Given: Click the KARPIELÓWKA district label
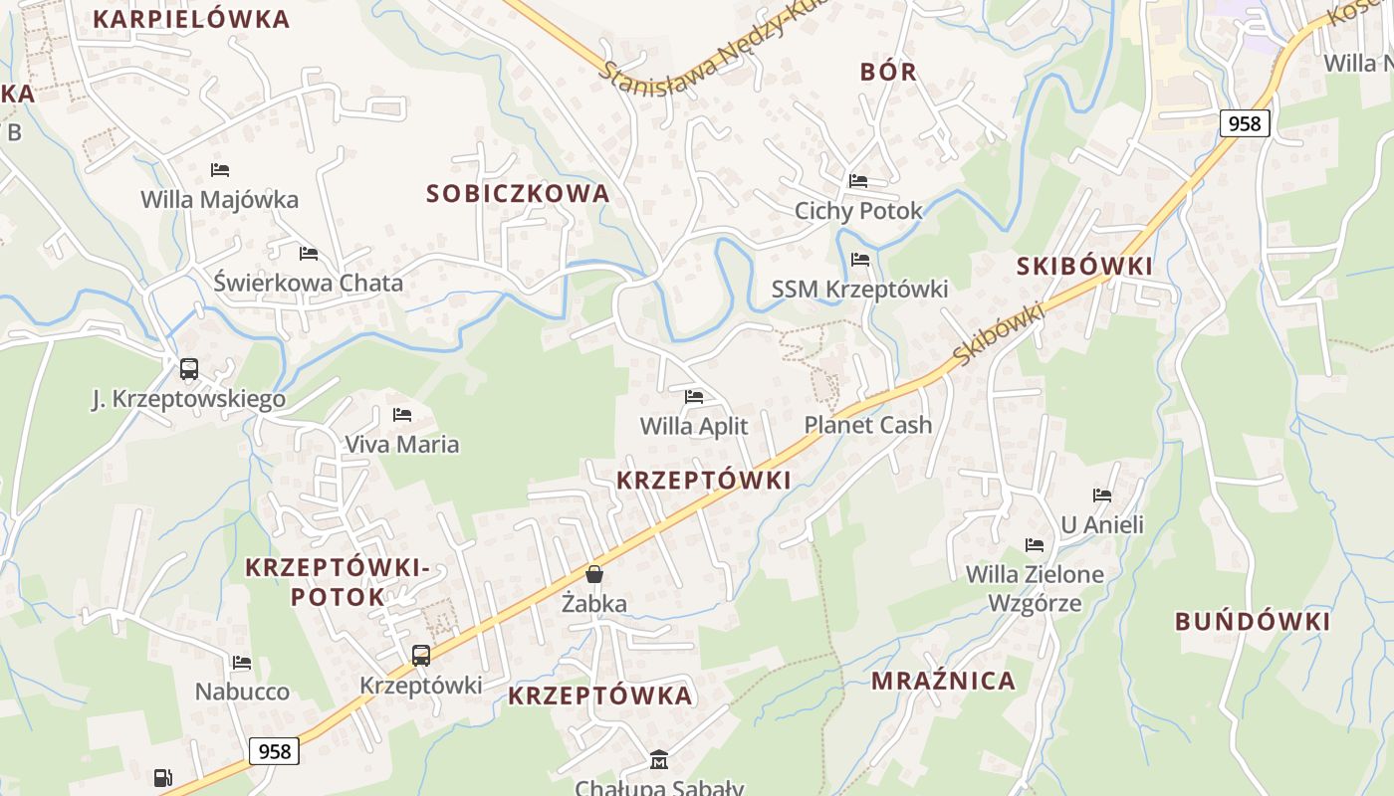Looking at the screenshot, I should click(x=190, y=19).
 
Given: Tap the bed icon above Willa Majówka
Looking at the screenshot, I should click(x=220, y=170).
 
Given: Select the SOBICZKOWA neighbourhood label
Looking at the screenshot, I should click(x=518, y=194).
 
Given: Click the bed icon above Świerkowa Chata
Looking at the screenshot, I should click(x=309, y=254).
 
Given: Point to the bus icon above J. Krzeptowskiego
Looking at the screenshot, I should click(x=189, y=370).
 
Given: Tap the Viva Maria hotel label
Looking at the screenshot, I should click(x=402, y=444).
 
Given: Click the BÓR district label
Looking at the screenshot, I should click(x=888, y=72).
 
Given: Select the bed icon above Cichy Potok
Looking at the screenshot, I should click(x=858, y=181).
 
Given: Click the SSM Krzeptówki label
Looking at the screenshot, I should click(x=860, y=290).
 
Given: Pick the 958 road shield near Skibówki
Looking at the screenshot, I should click(x=1245, y=123).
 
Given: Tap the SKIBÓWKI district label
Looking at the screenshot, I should click(x=1084, y=266).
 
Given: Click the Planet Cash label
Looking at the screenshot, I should click(x=868, y=425).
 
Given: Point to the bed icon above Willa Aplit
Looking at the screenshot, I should click(x=694, y=397).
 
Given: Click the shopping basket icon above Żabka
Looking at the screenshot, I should click(x=594, y=574).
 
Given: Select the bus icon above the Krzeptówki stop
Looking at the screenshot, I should click(x=421, y=656).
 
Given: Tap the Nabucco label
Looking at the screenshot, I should click(x=242, y=692).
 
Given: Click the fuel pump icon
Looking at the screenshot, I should click(x=163, y=777).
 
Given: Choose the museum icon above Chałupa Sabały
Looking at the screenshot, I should click(x=658, y=761).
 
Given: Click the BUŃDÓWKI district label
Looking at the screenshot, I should click(x=1253, y=622).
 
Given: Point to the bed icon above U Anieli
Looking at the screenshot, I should click(x=1102, y=496).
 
